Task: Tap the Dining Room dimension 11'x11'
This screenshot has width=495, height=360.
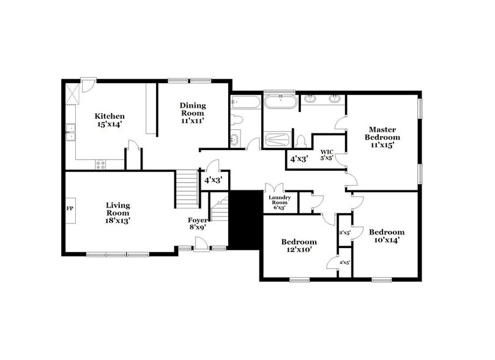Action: (192, 121)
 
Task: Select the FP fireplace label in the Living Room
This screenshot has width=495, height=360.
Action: (70, 208)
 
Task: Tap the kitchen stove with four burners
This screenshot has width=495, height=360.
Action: (100, 164)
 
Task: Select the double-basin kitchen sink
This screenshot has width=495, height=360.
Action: (71, 133)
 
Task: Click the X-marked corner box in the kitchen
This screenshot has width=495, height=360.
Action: (73, 96)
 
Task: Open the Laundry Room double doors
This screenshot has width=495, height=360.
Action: (272, 188)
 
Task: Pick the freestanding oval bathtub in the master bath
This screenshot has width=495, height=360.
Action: (281, 100)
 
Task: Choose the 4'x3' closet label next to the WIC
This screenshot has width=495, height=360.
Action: (299, 159)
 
